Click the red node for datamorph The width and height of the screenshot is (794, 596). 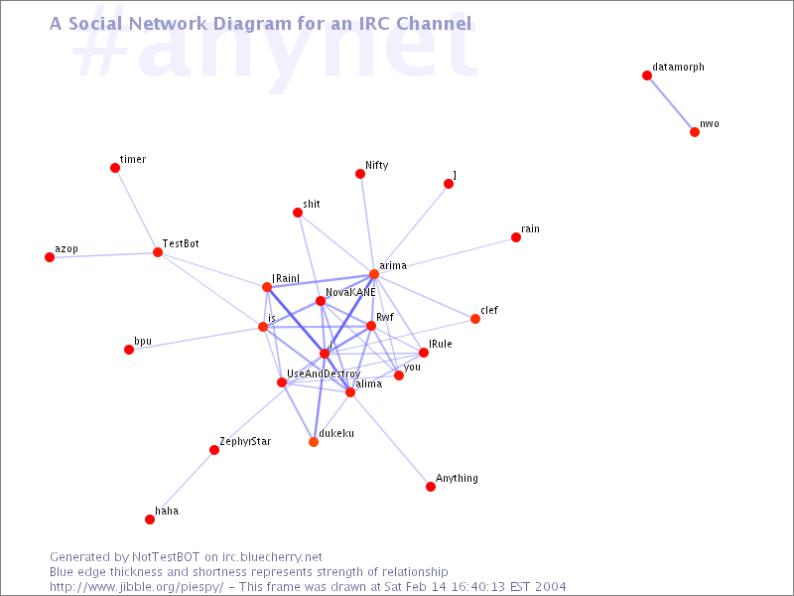[x=647, y=75]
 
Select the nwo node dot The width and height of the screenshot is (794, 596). [x=695, y=132]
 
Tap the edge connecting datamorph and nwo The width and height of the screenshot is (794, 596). [x=671, y=104]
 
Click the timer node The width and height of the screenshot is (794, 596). [x=115, y=168]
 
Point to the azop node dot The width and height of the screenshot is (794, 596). [x=50, y=257]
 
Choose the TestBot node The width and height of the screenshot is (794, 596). [x=158, y=252]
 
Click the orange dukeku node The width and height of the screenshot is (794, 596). [x=314, y=442]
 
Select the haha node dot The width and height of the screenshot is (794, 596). [x=150, y=520]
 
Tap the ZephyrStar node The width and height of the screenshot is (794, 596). [x=214, y=450]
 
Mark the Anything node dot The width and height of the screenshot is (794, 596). [x=431, y=487]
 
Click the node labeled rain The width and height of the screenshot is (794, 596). [x=516, y=237]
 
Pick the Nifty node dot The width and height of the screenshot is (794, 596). [x=360, y=174]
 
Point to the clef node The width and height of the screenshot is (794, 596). [x=475, y=319]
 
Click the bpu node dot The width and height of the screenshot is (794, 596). [x=129, y=350]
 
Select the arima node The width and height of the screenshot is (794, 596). [x=374, y=274]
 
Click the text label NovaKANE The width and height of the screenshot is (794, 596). [x=350, y=292]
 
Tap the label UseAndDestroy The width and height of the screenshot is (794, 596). [x=324, y=374]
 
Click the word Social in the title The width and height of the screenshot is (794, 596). [x=95, y=23]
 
